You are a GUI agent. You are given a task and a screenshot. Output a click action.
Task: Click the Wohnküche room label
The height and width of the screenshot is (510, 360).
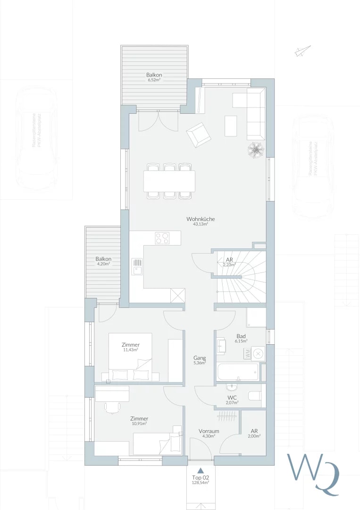tap(201, 221)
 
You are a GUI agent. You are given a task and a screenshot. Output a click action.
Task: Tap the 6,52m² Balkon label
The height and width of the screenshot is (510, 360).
tap(154, 77)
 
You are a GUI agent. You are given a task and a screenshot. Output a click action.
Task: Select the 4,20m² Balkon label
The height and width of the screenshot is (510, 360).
tap(103, 261)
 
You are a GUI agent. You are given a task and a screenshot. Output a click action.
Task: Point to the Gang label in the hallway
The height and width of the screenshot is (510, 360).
tap(200, 360)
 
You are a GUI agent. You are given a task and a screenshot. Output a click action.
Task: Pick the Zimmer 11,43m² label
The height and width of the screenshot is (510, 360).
tap(130, 347)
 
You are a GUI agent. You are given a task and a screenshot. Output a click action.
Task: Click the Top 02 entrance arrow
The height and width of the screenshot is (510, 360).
tap(201, 470)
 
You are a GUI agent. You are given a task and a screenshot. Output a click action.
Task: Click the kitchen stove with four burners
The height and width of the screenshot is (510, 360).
tap(162, 238)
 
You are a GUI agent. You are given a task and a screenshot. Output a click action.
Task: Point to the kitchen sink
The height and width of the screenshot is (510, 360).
tap(137, 267)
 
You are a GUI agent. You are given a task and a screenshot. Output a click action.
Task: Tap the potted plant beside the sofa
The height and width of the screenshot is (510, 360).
tap(255, 149)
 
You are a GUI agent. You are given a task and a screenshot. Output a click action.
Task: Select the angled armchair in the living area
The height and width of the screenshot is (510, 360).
tap(199, 135)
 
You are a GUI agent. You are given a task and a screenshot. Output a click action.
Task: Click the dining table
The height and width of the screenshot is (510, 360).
tap(169, 181)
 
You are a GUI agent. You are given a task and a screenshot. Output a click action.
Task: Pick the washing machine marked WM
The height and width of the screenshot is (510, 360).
tap(247, 353)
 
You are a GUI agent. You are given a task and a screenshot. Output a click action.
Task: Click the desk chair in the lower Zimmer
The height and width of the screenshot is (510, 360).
tap(112, 407)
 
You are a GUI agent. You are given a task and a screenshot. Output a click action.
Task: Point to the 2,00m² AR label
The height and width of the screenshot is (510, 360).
tap(254, 433)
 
